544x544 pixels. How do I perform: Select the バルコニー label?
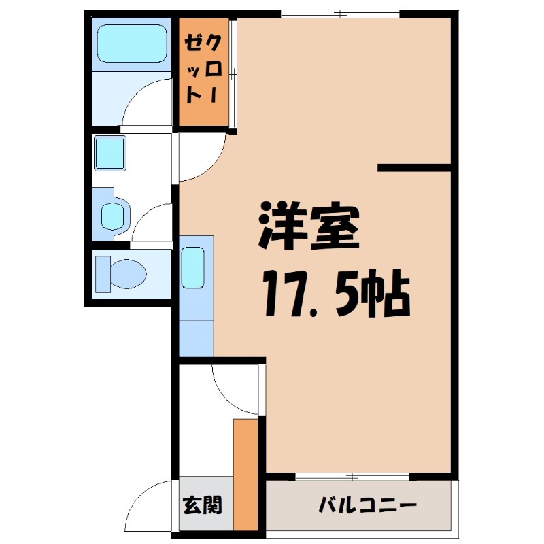367,506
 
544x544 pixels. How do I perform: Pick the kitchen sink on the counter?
194,268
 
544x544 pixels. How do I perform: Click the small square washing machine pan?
109,153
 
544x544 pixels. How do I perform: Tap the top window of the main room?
341,13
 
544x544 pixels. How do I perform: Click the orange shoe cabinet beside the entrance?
245,473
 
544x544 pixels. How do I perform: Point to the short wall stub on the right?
414,167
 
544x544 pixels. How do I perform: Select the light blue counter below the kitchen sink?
196,333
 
